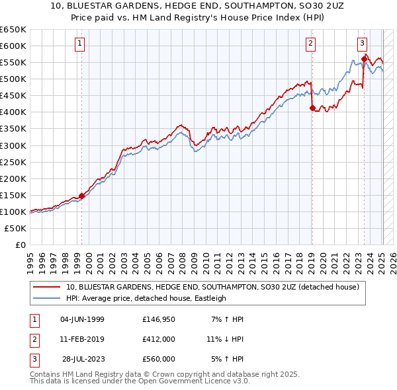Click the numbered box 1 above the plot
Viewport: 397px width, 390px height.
[79, 44]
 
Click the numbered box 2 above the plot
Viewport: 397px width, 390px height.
[310, 44]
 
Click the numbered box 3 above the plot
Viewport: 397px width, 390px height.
[363, 44]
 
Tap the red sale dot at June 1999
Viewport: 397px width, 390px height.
[81, 196]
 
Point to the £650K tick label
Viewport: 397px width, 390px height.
[13, 30]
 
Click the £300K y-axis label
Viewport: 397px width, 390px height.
[13, 145]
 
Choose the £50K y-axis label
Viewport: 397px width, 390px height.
[16, 228]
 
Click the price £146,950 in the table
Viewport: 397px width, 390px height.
[158, 319]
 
